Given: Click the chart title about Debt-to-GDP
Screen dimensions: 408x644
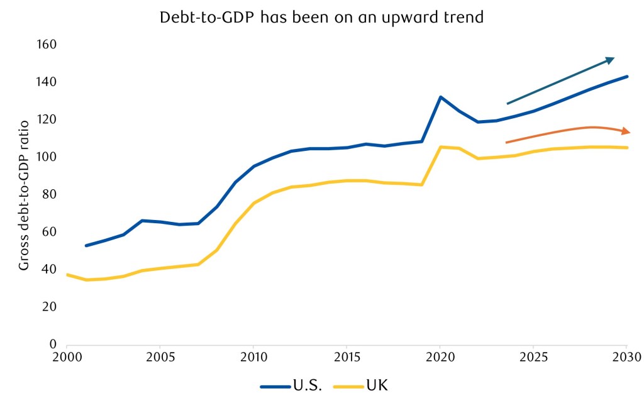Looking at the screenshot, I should [322, 17].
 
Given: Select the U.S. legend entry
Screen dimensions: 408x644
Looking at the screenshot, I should [292, 385].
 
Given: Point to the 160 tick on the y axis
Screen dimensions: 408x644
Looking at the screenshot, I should [47, 45].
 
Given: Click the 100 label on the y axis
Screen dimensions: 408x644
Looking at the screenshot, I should [47, 157].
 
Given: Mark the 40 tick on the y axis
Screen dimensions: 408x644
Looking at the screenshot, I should [50, 269].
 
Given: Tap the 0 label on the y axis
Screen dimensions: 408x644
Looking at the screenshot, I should [53, 344].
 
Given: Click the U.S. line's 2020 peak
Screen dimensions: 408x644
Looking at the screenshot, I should [440, 97].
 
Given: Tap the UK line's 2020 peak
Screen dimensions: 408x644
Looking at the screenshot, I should [440, 147].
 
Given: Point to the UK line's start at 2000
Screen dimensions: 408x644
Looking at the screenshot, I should [67, 275].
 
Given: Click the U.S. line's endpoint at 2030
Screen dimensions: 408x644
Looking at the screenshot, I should [626, 77].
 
